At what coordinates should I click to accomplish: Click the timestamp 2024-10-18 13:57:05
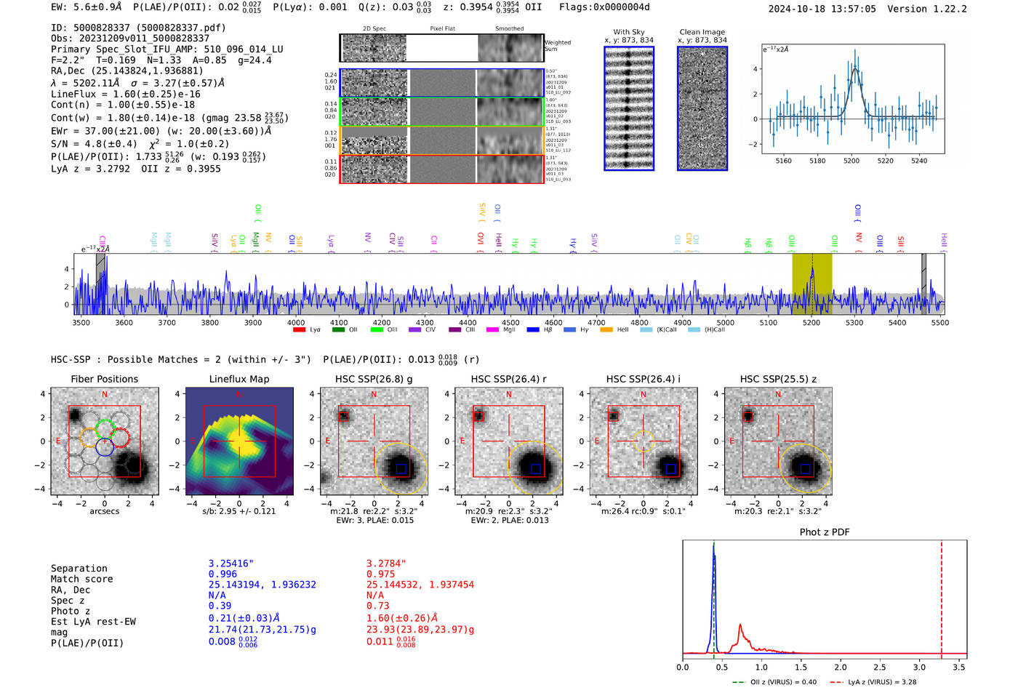[822, 9]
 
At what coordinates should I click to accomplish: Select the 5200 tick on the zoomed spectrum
[851, 161]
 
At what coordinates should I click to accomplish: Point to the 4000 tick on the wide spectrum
[295, 323]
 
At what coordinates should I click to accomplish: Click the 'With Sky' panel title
[628, 32]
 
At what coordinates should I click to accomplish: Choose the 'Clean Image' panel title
[702, 32]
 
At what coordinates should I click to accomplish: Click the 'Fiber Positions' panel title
[104, 379]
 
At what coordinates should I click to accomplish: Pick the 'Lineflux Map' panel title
[239, 379]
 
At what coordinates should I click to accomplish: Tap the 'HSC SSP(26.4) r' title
[508, 379]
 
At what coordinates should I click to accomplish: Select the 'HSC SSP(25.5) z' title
[778, 379]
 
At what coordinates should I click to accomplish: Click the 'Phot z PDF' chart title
[825, 532]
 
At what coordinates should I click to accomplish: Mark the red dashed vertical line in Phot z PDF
[942, 596]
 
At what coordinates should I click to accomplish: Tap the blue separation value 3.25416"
[231, 564]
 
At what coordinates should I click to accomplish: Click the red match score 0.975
[380, 574]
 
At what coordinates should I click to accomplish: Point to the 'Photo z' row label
[71, 611]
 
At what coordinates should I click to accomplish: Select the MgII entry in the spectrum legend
[509, 330]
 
